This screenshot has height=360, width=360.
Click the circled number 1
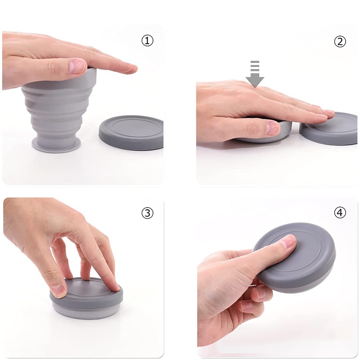click(x=147, y=40)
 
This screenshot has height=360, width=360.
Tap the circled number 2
click(x=340, y=41)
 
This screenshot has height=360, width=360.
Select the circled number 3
click(x=147, y=213)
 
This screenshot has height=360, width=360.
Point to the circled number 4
click(x=340, y=213)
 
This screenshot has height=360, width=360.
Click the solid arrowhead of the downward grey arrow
click(x=255, y=81)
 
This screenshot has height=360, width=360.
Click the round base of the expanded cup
click(x=57, y=144)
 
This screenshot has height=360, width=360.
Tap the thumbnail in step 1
click(x=77, y=67)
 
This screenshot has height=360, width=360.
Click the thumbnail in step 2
click(x=273, y=128)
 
